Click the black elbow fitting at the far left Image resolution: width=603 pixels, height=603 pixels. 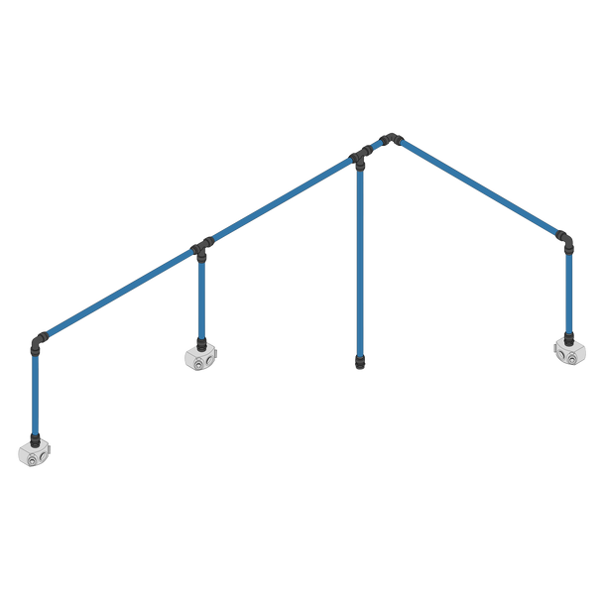click(x=37, y=342)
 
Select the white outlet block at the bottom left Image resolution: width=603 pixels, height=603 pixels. click(x=36, y=451)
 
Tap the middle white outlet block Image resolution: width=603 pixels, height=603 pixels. click(x=201, y=356)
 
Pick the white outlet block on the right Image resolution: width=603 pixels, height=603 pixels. click(x=569, y=349)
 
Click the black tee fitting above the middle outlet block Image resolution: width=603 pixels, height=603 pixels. click(x=203, y=244)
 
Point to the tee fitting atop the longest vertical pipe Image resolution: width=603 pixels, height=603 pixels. click(x=361, y=156)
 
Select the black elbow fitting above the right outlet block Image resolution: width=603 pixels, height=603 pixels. click(x=564, y=240)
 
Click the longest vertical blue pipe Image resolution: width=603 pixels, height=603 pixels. click(x=360, y=258)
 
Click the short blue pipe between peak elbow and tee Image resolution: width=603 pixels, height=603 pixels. click(x=376, y=146)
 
